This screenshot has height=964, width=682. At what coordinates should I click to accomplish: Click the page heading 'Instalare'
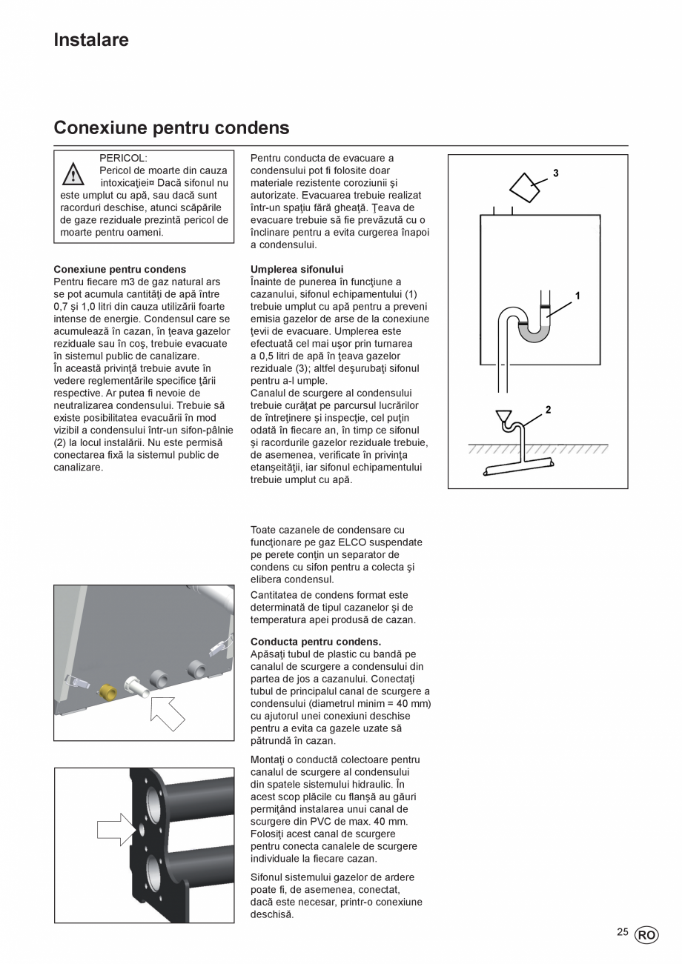tap(90, 40)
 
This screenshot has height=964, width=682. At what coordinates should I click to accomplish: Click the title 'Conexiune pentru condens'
tap(171, 127)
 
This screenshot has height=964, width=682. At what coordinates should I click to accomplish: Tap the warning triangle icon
tap(73, 175)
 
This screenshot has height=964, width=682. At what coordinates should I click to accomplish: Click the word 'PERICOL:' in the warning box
tap(123, 158)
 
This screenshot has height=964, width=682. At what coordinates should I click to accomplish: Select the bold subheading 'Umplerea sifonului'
tap(297, 269)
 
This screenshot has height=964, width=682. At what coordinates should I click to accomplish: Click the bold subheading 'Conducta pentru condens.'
tap(316, 642)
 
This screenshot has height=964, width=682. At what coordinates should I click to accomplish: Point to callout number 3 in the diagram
tap(555, 173)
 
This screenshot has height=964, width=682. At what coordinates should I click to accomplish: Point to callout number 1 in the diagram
tap(577, 296)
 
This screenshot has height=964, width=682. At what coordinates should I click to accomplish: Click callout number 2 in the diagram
tap(548, 410)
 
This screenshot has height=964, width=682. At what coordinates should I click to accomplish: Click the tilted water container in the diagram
tap(526, 188)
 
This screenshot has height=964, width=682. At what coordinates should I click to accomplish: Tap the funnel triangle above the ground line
tap(504, 417)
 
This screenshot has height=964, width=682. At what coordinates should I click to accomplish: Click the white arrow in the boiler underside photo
tap(167, 713)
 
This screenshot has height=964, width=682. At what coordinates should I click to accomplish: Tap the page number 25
tap(622, 932)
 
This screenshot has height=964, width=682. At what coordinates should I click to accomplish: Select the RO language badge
tap(646, 935)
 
